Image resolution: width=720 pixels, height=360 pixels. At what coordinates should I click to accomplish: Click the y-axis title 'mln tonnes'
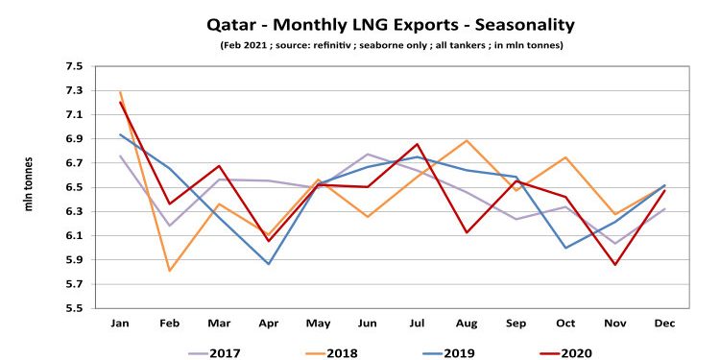tap(28, 186)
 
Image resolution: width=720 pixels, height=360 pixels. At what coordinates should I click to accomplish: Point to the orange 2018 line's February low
tap(170, 271)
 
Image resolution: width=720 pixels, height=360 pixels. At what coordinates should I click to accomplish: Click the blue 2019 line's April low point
tap(269, 264)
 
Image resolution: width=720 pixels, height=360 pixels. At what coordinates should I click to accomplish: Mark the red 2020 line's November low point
tap(613, 265)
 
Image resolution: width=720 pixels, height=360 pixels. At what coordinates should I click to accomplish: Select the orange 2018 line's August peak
tap(466, 141)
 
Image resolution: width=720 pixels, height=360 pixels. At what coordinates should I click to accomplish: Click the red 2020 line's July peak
tap(417, 144)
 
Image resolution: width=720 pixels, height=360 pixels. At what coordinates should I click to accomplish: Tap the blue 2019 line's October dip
tap(564, 248)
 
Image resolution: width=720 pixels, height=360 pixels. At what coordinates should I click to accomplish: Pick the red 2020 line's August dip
tap(466, 232)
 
